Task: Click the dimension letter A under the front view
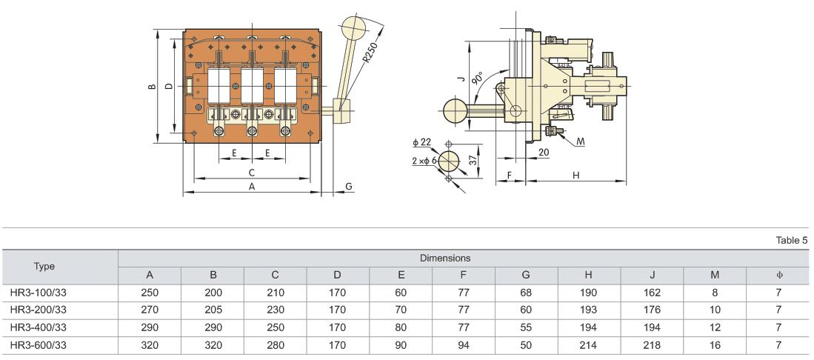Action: pyautogui.click(x=252, y=187)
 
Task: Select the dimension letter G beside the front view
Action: pyautogui.click(x=349, y=187)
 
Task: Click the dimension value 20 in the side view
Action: pyautogui.click(x=543, y=152)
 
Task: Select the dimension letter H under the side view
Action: pyautogui.click(x=576, y=174)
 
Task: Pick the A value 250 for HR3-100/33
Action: pyautogui.click(x=150, y=293)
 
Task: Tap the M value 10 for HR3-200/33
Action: pyautogui.click(x=715, y=309)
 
